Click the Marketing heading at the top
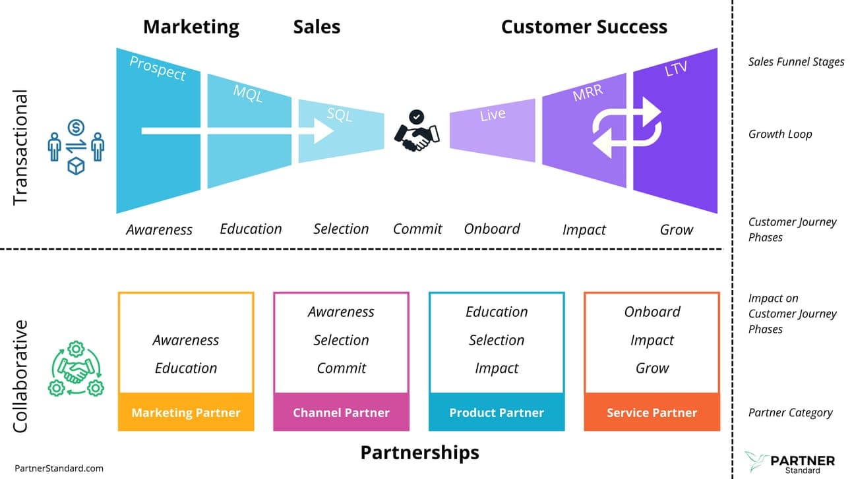pyautogui.click(x=191, y=26)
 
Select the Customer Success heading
pyautogui.click(x=584, y=26)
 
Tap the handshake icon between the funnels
pyautogui.click(x=416, y=130)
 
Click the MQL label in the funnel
pyautogui.click(x=248, y=94)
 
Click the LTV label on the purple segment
pyautogui.click(x=676, y=68)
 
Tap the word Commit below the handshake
pyautogui.click(x=417, y=229)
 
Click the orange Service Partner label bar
pyautogui.click(x=652, y=412)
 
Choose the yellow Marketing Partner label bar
pyautogui.click(x=186, y=412)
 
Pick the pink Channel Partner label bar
pyautogui.click(x=341, y=412)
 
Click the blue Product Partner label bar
pyautogui.click(x=497, y=412)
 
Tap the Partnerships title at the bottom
pyautogui.click(x=419, y=453)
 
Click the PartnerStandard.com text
pyautogui.click(x=59, y=468)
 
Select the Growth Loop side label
pyautogui.click(x=780, y=134)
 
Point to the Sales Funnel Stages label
pyautogui.click(x=796, y=62)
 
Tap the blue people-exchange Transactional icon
pyautogui.click(x=76, y=146)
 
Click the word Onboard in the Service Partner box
pyautogui.click(x=652, y=312)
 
